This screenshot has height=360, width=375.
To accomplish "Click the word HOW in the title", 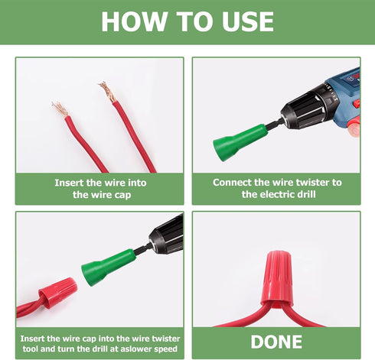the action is (134, 21).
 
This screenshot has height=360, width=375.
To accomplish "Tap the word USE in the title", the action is (248, 21).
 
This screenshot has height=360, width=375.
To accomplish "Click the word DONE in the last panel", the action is (276, 342).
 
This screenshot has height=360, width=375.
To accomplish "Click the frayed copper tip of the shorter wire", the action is (60, 109).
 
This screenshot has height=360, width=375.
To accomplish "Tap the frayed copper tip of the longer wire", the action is (107, 92).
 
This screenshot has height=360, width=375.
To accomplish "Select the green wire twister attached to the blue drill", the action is (239, 141).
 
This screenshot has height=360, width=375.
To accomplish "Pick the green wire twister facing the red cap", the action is (108, 267).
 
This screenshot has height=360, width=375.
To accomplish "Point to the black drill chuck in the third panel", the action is (166, 235).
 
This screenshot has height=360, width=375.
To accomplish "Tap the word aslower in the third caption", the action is (137, 349).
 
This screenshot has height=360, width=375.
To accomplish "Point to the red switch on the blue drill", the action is (357, 103).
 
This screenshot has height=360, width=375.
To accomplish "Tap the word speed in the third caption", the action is (166, 349).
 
